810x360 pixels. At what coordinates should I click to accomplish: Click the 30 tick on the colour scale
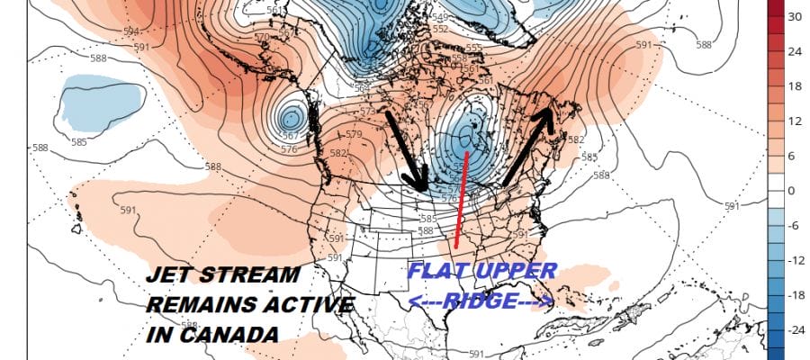794,17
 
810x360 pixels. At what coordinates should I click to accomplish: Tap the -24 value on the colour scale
794,330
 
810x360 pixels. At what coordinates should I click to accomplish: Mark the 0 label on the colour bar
794,191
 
